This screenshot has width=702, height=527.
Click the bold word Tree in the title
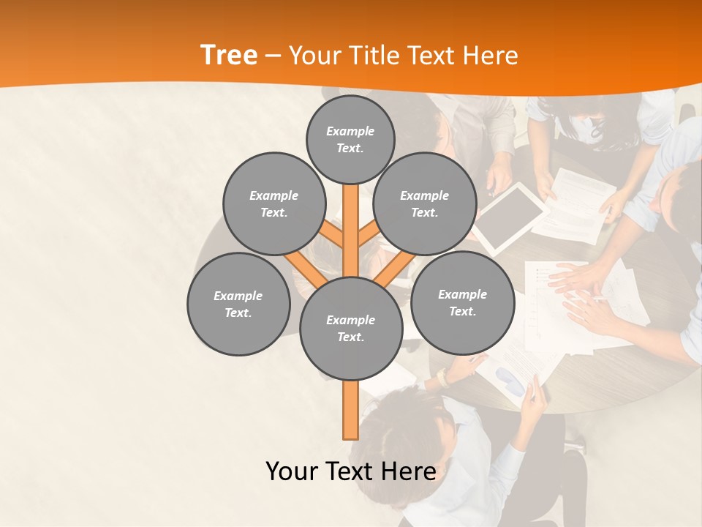[229, 55]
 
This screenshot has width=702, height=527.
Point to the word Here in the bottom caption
[405, 471]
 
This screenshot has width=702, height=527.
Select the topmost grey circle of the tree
[350, 139]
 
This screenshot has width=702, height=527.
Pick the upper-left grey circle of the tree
[273, 203]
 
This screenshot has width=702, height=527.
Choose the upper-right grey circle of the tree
[424, 203]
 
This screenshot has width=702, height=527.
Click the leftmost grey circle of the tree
[238, 304]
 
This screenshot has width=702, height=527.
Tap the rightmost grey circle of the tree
[462, 302]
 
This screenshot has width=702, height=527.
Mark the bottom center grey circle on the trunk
[351, 328]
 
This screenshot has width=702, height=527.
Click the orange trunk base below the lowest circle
[351, 410]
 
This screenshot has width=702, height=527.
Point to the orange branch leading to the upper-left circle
[333, 236]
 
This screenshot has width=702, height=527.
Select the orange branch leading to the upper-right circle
[368, 235]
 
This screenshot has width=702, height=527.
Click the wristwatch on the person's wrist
[442, 376]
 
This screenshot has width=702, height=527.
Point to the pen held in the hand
[532, 392]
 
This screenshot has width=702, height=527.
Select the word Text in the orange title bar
[437, 56]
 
